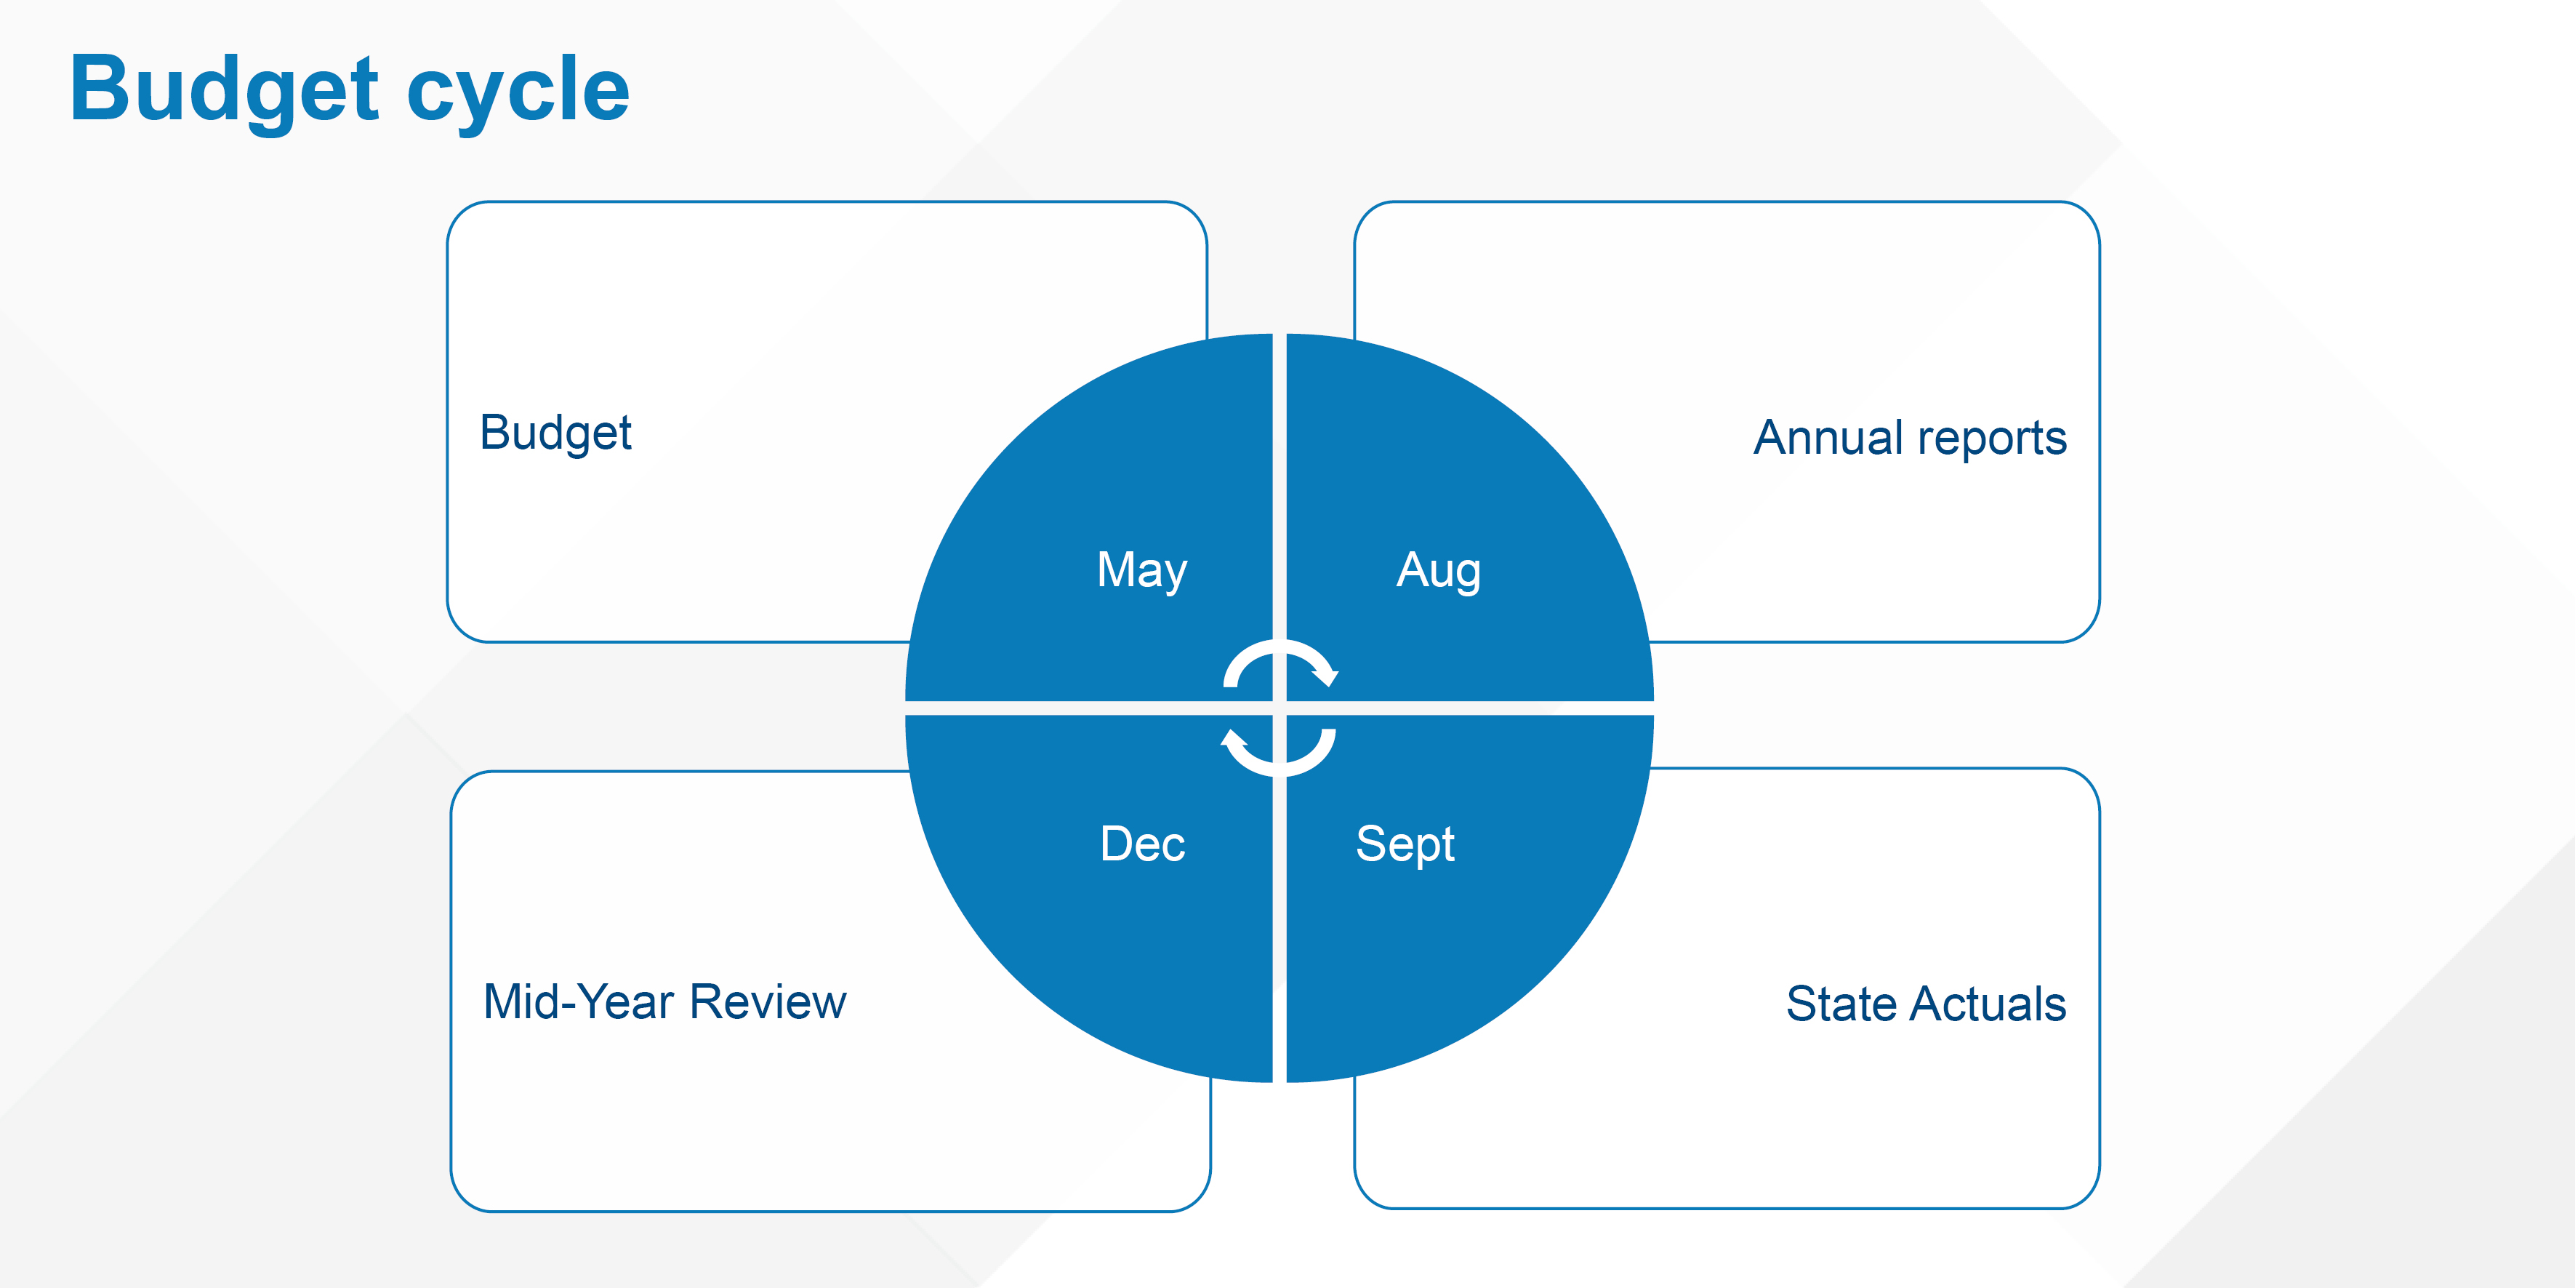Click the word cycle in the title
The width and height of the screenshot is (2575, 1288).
[x=519, y=92]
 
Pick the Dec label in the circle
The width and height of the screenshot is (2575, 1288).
[x=1143, y=843]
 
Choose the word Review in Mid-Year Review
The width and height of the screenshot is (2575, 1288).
[x=768, y=1002]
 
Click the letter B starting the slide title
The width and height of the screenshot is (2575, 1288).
[x=101, y=88]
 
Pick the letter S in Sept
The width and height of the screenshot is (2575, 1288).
[x=1371, y=843]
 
